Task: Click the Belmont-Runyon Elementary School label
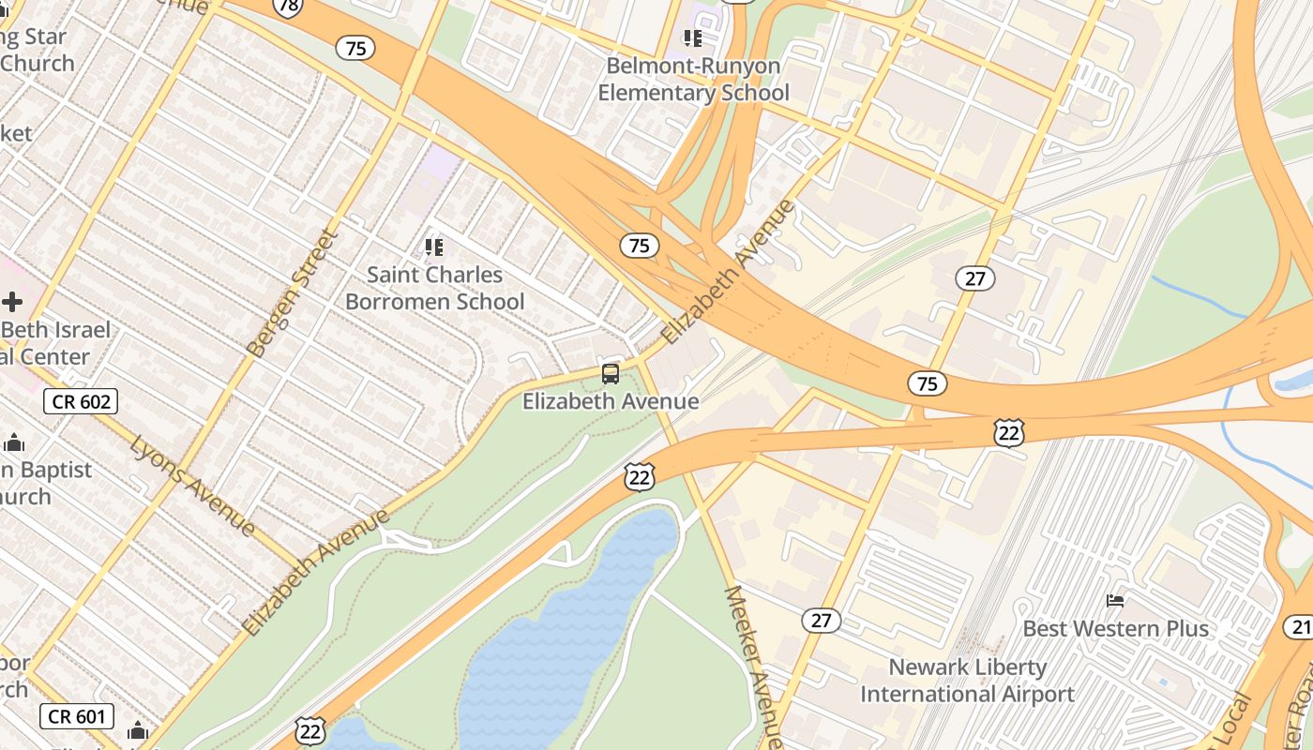[693, 80]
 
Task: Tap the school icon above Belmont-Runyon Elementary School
[693, 38]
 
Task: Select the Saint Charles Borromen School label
[434, 288]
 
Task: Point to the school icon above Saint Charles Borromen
[433, 247]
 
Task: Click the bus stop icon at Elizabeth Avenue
[611, 374]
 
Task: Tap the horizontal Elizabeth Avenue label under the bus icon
[611, 401]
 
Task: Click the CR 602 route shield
[81, 402]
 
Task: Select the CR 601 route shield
[77, 717]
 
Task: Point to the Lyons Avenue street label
[192, 485]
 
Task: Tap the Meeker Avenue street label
[752, 666]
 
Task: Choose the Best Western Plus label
[1115, 628]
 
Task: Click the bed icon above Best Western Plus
[1115, 600]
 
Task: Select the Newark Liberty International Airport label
[967, 681]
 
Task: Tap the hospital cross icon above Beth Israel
[12, 302]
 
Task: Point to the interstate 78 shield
[288, 7]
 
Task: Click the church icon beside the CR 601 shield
[138, 730]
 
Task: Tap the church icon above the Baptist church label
[14, 443]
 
